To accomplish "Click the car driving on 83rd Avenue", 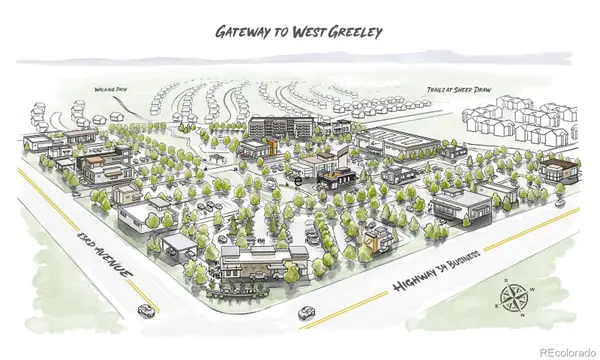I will click(147, 310).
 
